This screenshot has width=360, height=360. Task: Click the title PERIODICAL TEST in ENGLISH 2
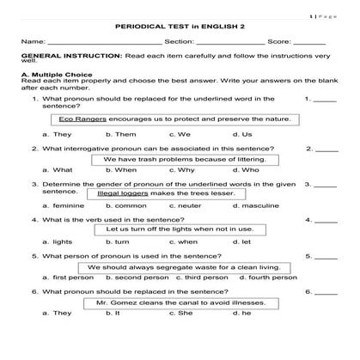coord(180,26)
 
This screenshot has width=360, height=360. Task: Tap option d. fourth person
coord(271,278)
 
